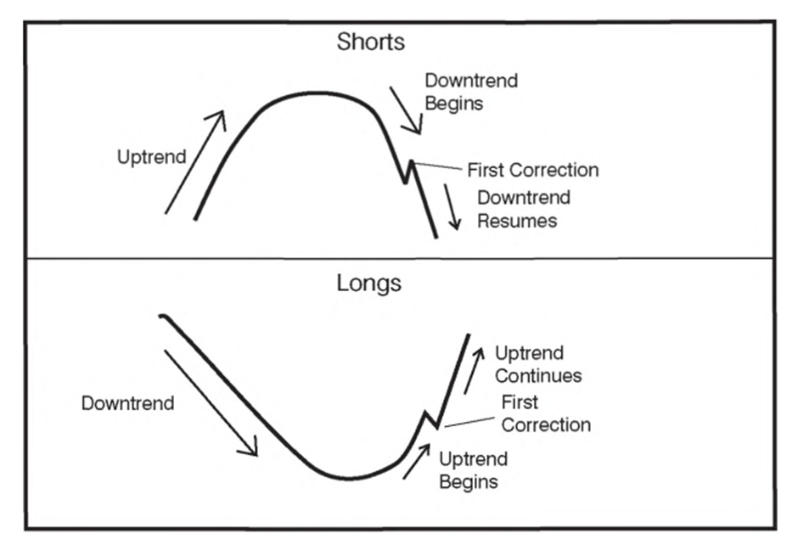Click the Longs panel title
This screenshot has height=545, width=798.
[x=368, y=283]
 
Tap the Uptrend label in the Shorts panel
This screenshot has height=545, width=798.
[x=152, y=157]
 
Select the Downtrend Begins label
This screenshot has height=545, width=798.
[x=471, y=93]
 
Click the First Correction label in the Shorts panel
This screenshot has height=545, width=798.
[x=532, y=170]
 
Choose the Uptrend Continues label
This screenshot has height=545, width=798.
[x=537, y=364]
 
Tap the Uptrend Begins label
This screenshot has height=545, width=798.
[x=474, y=470]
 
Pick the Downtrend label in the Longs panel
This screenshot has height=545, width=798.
[x=127, y=403]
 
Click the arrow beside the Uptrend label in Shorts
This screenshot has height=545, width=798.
[x=195, y=161]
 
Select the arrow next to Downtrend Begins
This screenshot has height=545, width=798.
[x=405, y=110]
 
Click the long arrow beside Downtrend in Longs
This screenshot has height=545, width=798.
[x=210, y=402]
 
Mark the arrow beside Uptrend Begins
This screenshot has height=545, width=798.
[x=415, y=464]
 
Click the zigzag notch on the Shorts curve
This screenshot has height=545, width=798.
[x=408, y=171]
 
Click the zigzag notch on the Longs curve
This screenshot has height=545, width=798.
[x=430, y=419]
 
